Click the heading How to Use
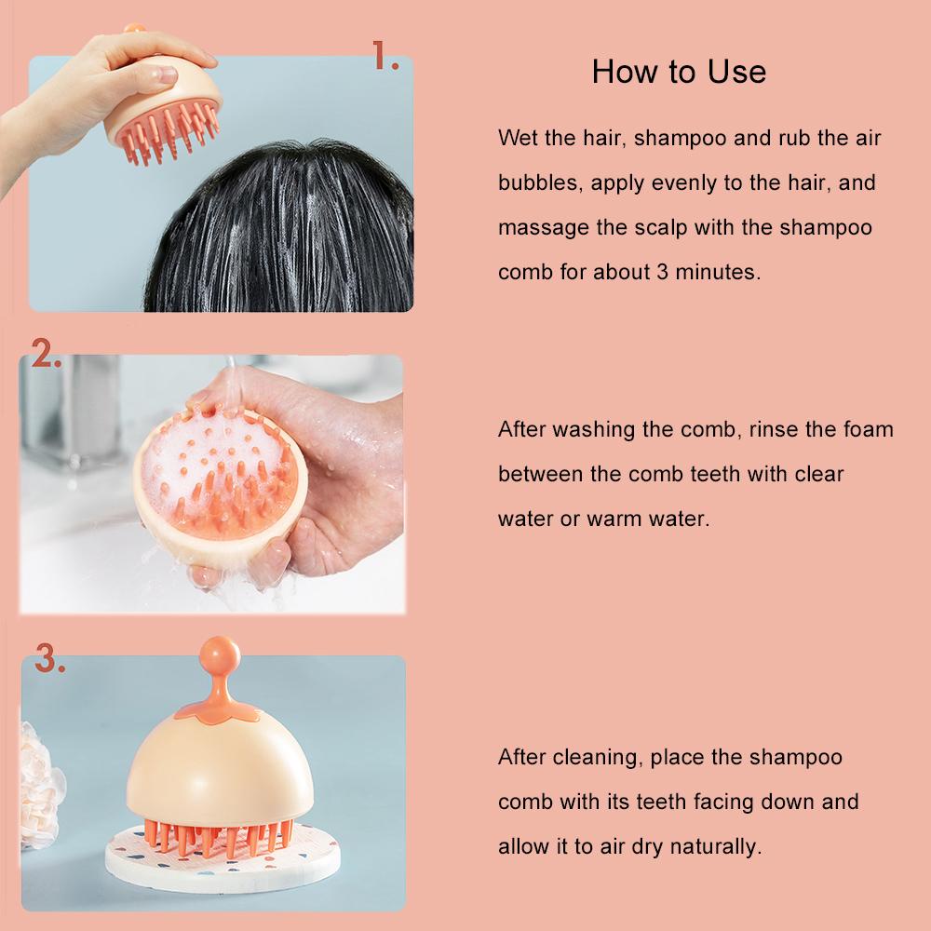[x=679, y=72]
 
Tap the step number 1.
[x=385, y=56]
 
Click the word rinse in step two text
[x=774, y=429]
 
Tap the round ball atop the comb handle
[x=220, y=656]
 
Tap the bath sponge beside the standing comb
[x=42, y=785]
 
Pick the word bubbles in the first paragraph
[x=538, y=182]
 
